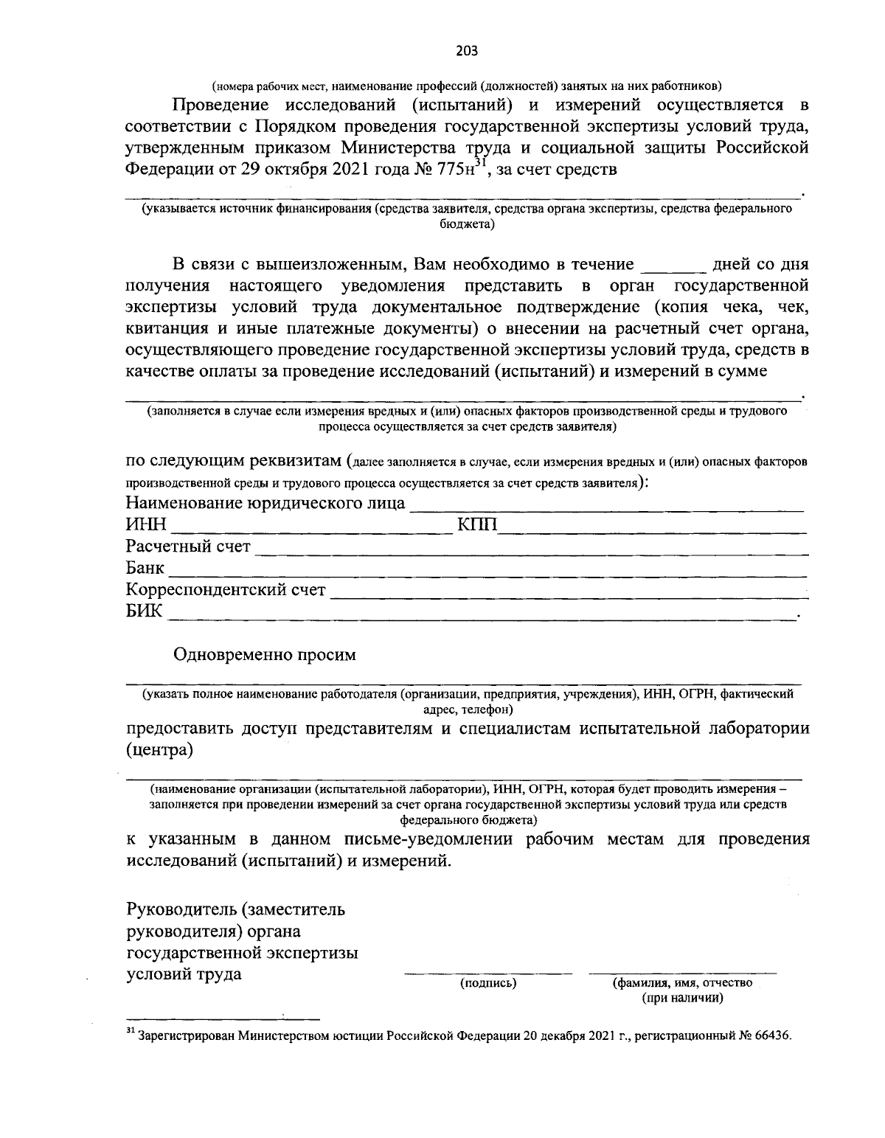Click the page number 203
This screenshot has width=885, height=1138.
[467, 50]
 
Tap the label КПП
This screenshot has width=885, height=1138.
[477, 525]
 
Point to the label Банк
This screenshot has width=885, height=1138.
[145, 569]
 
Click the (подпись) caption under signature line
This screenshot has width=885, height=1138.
[488, 983]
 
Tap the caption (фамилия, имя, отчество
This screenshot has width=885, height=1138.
[682, 983]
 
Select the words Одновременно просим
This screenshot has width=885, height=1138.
[264, 655]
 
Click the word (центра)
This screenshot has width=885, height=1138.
[160, 751]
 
